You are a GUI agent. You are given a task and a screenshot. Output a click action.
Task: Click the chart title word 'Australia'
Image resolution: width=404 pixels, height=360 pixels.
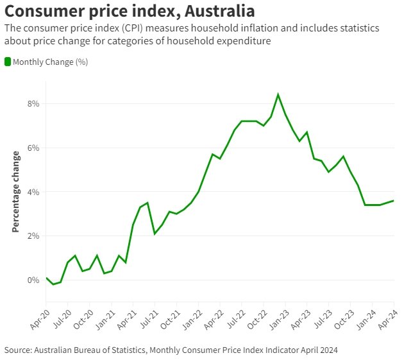(210, 11)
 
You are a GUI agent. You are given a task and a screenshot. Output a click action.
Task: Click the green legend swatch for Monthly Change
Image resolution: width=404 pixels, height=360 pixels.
(8, 62)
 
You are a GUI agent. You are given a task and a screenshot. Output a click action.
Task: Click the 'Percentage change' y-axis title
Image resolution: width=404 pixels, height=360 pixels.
(15, 192)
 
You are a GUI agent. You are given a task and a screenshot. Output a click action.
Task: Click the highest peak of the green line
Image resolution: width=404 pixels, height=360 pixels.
(278, 94)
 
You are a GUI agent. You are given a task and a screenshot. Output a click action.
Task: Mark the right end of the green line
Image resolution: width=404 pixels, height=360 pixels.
(393, 201)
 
